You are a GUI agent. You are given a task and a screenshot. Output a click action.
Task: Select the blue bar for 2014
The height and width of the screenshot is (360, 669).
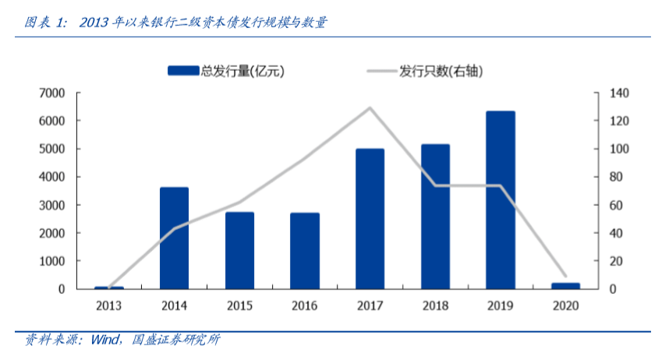coord(174,238)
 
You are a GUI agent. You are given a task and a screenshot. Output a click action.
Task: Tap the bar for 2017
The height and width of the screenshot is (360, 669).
coord(370,219)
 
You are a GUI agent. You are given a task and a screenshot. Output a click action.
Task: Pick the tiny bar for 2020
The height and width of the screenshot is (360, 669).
coord(566,286)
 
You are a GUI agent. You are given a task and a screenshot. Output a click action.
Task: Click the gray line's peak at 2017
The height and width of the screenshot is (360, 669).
coord(370,108)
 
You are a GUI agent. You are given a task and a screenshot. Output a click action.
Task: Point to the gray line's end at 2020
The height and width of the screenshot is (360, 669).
coord(565,276)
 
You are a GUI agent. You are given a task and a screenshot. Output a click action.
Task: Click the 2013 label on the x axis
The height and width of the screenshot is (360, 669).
coord(108,305)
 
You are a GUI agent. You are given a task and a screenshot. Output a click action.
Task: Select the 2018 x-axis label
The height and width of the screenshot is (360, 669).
coord(435,305)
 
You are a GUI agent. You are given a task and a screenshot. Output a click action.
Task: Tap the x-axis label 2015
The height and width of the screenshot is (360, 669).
coord(239,305)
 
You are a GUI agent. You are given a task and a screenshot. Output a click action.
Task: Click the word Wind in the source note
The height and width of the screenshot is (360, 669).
coord(104,340)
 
